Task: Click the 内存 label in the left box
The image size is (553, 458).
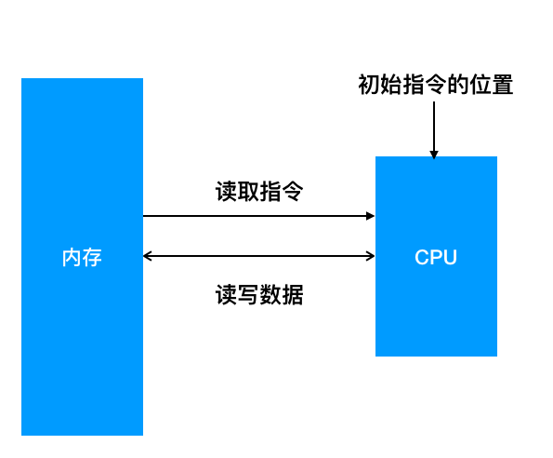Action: tap(82, 258)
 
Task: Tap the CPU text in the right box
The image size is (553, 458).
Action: tap(436, 257)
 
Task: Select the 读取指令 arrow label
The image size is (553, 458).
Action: tap(259, 192)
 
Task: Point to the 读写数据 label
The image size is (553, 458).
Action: tap(259, 294)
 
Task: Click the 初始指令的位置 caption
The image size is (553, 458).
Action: tap(436, 85)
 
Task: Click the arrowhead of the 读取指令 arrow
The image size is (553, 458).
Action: tap(370, 216)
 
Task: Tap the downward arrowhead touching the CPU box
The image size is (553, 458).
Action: tap(434, 155)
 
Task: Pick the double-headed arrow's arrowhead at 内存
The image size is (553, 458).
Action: tap(147, 256)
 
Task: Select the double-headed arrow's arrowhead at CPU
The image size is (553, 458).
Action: tap(371, 256)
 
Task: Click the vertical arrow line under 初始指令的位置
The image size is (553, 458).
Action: tap(434, 129)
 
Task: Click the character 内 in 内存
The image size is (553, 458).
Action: tap(72, 258)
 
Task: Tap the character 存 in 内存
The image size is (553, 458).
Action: tap(92, 258)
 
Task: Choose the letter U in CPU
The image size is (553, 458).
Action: tap(451, 258)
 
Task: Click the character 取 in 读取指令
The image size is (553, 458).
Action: tap(248, 192)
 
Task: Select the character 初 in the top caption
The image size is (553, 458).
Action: tap(369, 85)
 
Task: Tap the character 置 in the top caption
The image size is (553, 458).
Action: tap(503, 85)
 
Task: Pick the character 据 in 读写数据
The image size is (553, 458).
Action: tap(293, 294)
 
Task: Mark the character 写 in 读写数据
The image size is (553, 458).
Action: tap(248, 294)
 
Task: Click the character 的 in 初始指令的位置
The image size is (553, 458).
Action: tap(458, 85)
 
